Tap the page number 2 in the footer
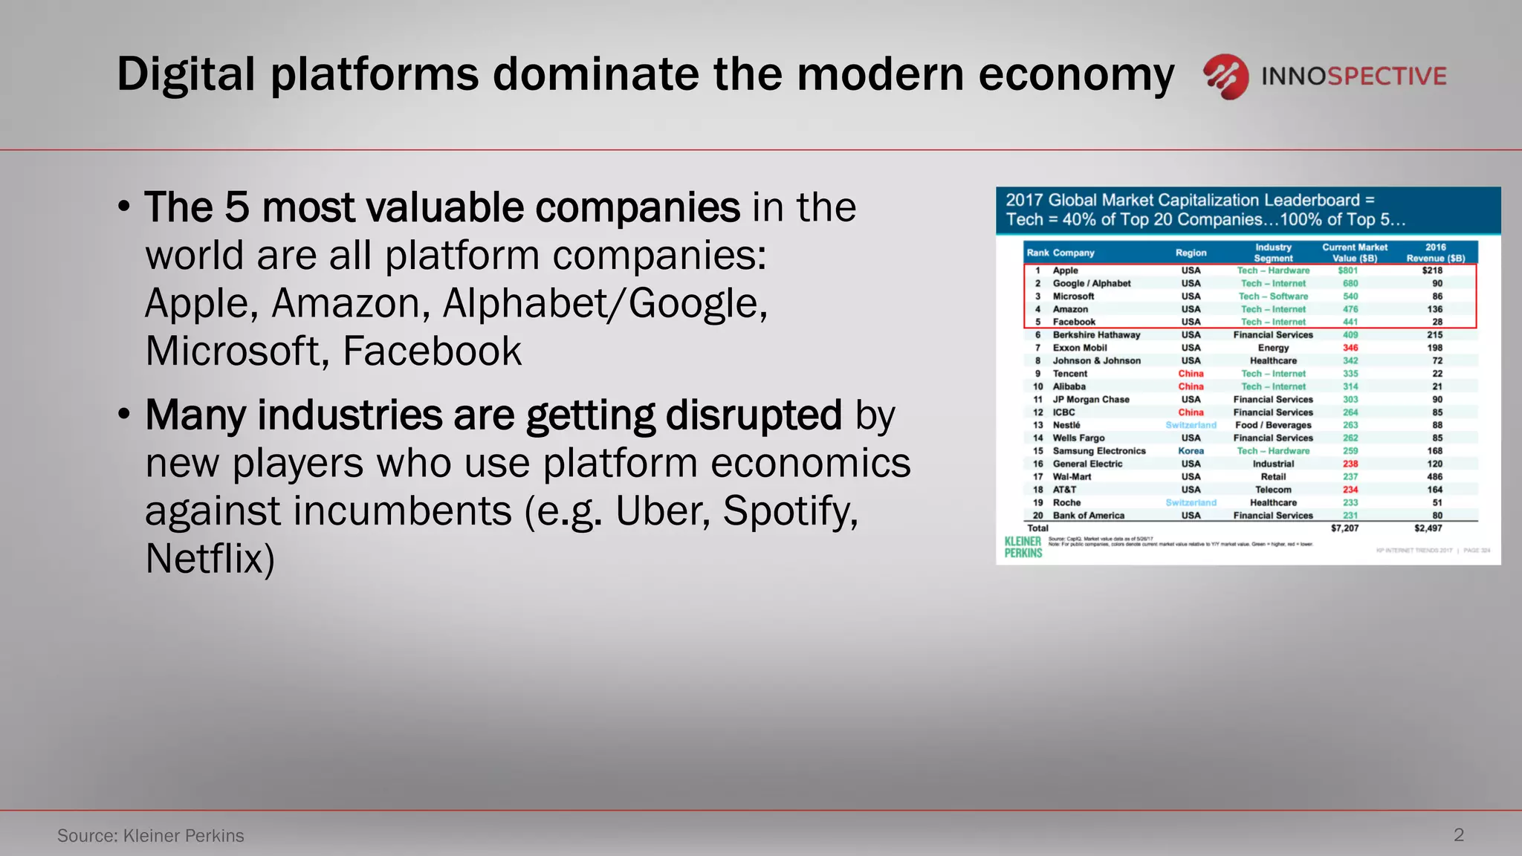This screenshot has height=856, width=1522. click(x=1458, y=834)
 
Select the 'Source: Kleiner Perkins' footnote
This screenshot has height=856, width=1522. click(x=151, y=835)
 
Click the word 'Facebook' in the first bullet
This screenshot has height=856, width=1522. click(x=432, y=351)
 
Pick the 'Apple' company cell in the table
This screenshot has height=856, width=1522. click(x=1065, y=270)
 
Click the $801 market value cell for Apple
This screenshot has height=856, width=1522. click(x=1347, y=270)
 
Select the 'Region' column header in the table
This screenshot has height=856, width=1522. click(x=1191, y=253)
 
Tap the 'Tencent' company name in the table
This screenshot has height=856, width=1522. click(x=1069, y=374)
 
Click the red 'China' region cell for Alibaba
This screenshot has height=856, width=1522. click(x=1191, y=386)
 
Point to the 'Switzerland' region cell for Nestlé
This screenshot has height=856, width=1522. click(x=1191, y=425)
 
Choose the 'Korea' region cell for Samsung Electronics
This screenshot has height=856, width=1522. click(x=1191, y=451)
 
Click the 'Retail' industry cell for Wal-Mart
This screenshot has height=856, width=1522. click(x=1273, y=477)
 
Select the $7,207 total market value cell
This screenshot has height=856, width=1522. click(x=1344, y=528)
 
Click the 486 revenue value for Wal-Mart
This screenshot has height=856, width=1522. click(x=1434, y=477)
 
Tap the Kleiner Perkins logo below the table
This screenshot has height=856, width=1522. click(x=1023, y=547)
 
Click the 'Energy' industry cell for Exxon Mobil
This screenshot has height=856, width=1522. click(x=1273, y=348)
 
